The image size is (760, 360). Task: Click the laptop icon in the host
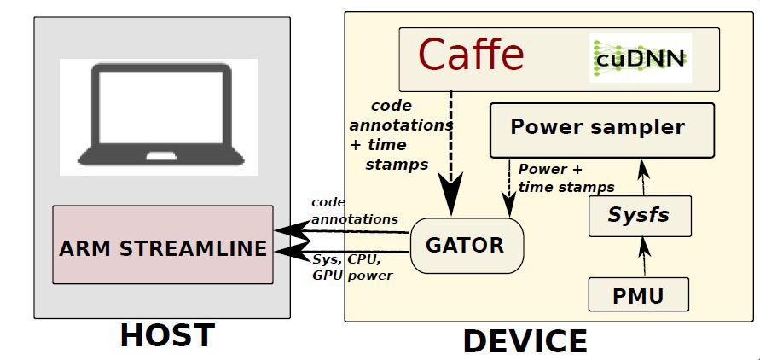pos(159,116)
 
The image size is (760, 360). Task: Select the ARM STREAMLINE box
pos(163,245)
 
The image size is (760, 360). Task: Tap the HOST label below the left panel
pos(166,335)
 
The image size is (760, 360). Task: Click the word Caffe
pos(471,55)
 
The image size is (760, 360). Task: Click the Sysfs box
pos(639,215)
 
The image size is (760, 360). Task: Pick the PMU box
pos(639,296)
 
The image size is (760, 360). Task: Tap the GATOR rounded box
pos(464,246)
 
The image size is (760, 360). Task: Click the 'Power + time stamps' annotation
pos(566,178)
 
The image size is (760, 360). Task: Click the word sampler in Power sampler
pos(638,128)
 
